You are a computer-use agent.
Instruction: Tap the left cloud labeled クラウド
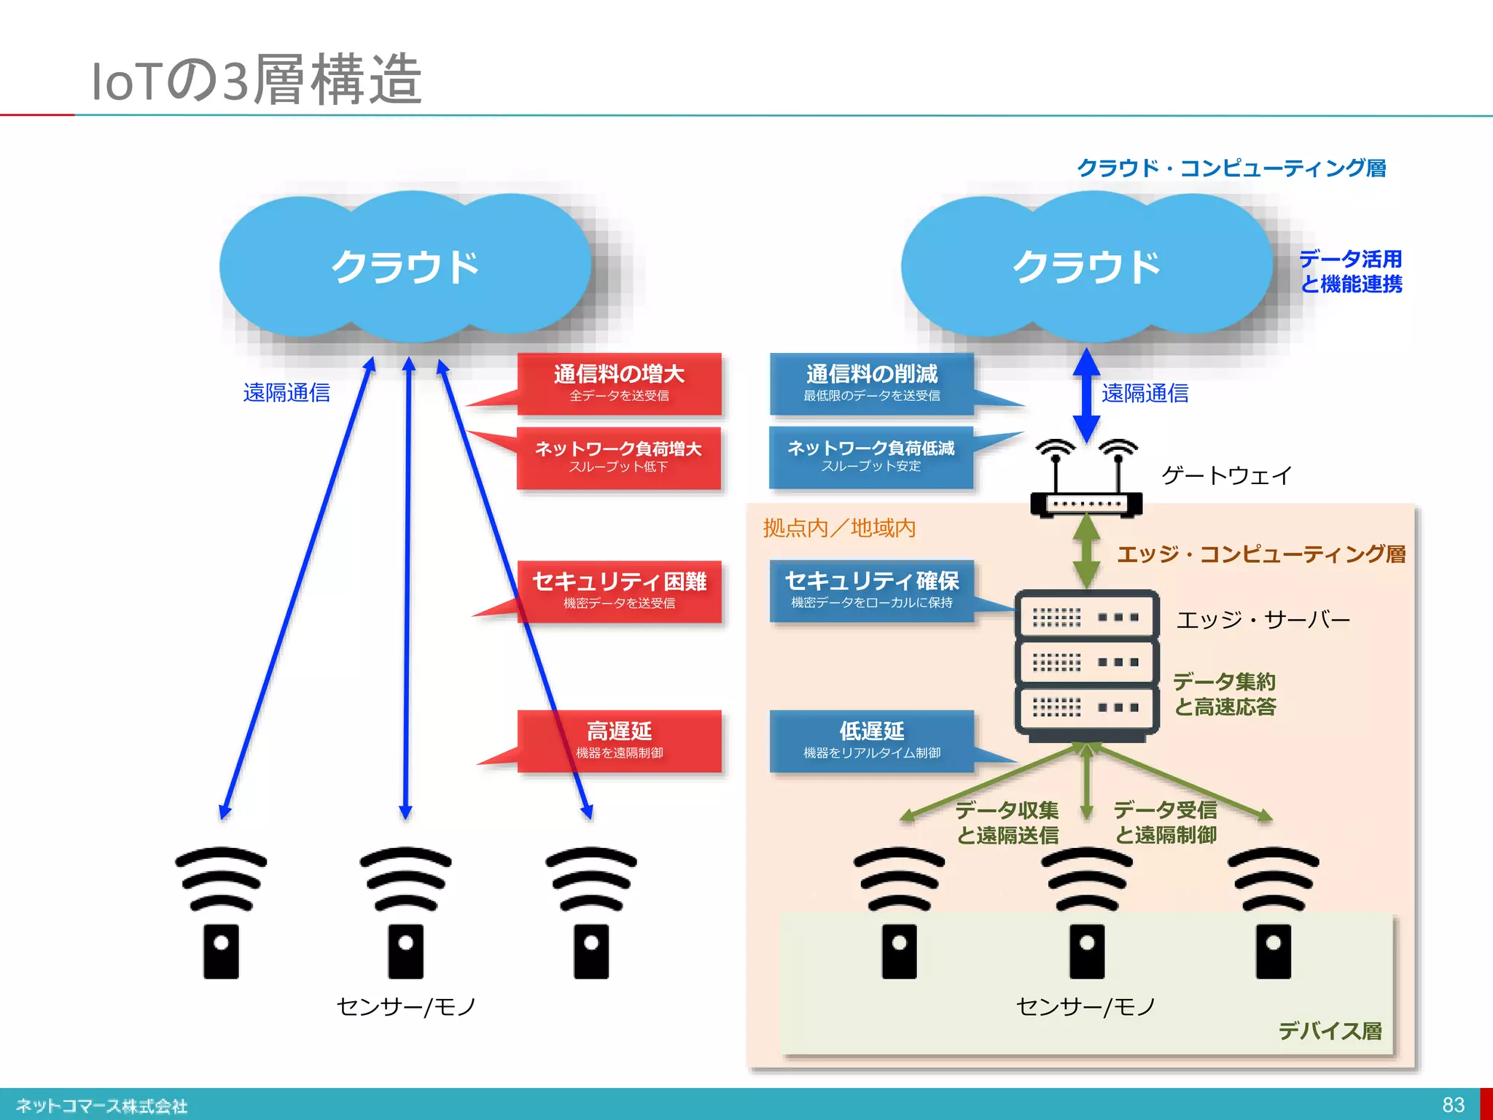tap(405, 266)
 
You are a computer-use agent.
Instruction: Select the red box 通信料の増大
tap(619, 384)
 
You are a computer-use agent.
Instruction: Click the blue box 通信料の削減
tap(872, 384)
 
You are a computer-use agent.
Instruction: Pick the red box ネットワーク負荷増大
tap(618, 456)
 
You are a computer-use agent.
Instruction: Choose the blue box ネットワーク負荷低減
tap(871, 456)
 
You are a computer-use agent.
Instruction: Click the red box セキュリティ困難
tap(619, 591)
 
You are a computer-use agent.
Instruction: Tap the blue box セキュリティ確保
tap(872, 590)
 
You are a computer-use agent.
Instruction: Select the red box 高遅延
tap(619, 740)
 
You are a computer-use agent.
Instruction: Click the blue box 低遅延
tap(872, 740)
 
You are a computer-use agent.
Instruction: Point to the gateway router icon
tap(1086, 481)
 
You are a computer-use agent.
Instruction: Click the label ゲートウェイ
tap(1226, 475)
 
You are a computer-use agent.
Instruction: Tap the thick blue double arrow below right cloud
tap(1086, 394)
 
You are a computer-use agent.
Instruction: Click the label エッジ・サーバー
tap(1263, 620)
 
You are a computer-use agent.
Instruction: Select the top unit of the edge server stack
tap(1086, 616)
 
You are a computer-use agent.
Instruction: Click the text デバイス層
tap(1330, 1030)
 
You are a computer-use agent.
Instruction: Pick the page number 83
tap(1453, 1105)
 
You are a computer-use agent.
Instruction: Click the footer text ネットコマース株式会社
tap(101, 1105)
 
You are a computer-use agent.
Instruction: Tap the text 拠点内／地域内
tap(839, 527)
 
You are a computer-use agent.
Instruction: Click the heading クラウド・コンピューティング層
tap(1231, 168)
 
